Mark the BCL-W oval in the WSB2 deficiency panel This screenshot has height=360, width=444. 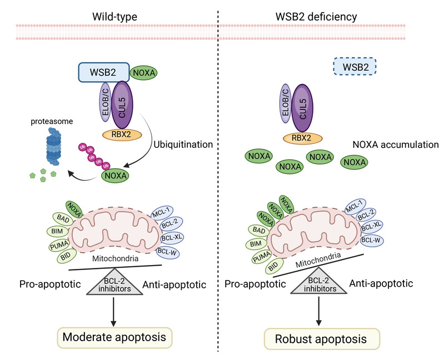pyautogui.click(x=372, y=241)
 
